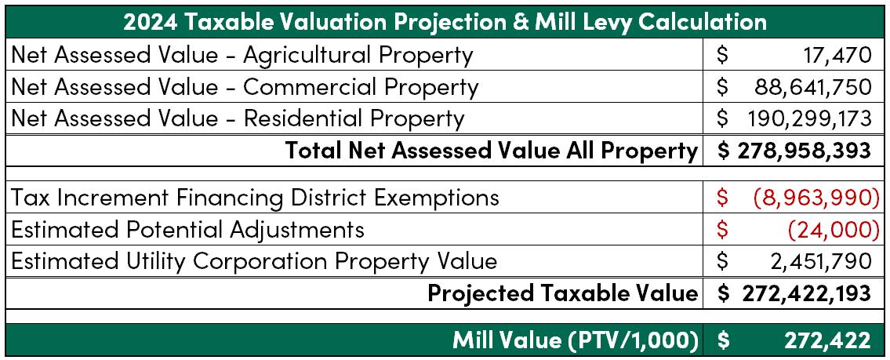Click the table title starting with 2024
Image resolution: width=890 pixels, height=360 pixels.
[445, 22]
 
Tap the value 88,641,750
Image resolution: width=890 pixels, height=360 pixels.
[813, 87]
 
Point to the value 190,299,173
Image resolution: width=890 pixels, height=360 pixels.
[809, 118]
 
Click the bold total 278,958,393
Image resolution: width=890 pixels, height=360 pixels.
[805, 151]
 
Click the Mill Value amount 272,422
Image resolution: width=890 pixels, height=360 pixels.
[827, 340]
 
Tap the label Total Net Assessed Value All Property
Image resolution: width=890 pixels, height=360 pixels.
[491, 151]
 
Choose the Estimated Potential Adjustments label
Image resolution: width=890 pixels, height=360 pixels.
[187, 230]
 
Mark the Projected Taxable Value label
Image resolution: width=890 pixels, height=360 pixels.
[562, 293]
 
